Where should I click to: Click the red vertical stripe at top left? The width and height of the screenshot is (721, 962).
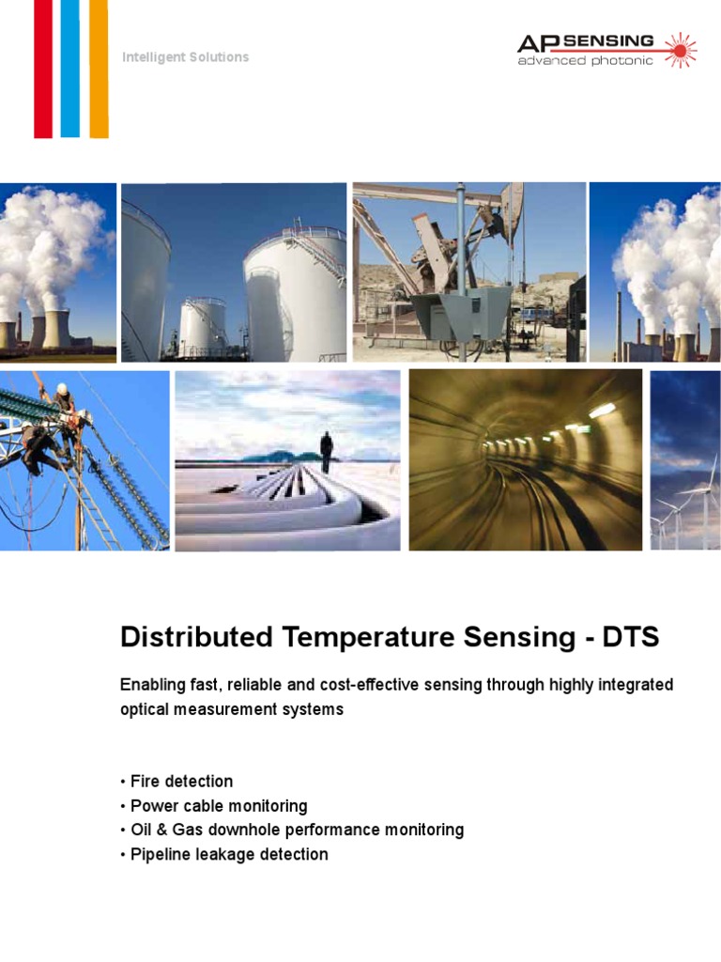43,68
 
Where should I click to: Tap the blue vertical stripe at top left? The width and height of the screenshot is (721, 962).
70,68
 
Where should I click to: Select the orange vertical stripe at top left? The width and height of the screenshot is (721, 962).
99,68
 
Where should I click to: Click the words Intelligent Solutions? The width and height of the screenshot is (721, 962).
185,57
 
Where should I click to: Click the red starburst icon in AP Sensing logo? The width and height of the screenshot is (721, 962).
680,49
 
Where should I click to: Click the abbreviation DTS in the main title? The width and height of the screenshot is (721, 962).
631,637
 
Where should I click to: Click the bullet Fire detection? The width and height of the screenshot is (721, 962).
180,782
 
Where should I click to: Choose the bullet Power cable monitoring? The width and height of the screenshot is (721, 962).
218,806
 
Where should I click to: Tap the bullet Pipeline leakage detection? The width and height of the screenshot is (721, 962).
228,855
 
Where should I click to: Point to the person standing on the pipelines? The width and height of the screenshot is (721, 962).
326,451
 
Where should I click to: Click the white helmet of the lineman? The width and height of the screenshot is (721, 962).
62,388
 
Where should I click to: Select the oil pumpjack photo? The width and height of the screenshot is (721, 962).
468,272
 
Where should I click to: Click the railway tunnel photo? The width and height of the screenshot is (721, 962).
525,459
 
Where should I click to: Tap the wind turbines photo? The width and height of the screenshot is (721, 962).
685,459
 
